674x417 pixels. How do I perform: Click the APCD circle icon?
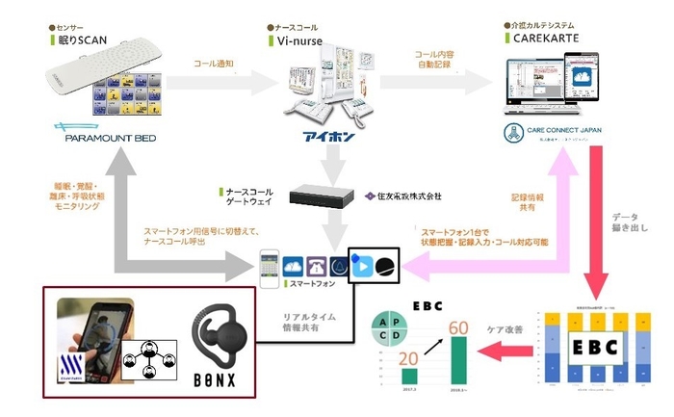[394, 328]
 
